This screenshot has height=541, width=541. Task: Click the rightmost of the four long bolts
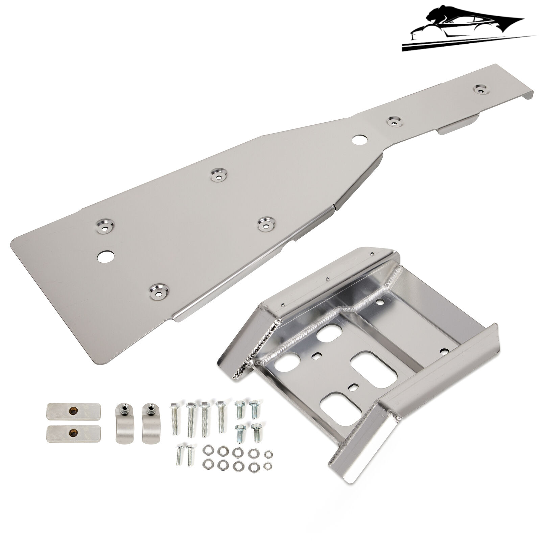(221, 416)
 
